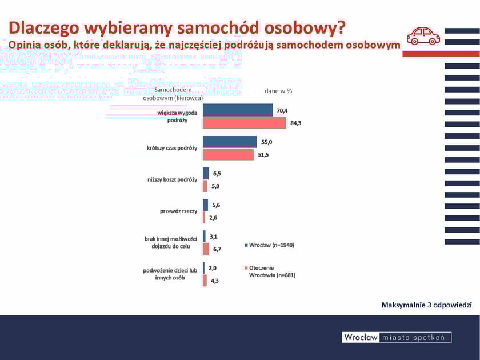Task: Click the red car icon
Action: click(423, 36)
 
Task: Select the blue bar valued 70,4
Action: click(238, 110)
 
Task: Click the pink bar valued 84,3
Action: click(244, 123)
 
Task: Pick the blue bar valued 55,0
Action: click(230, 142)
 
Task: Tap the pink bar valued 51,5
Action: click(228, 154)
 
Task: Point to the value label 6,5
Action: click(218, 174)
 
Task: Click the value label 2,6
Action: click(213, 218)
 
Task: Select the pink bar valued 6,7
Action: click(206, 249)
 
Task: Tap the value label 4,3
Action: click(215, 281)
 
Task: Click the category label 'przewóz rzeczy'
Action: click(178, 211)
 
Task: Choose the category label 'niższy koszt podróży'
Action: click(172, 180)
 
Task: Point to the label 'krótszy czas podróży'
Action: click(171, 149)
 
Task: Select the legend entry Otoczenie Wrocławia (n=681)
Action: click(271, 271)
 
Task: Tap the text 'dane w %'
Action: click(278, 90)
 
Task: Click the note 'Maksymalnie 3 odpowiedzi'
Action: click(426, 305)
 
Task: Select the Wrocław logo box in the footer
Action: click(361, 337)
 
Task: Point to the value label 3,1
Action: click(213, 236)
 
